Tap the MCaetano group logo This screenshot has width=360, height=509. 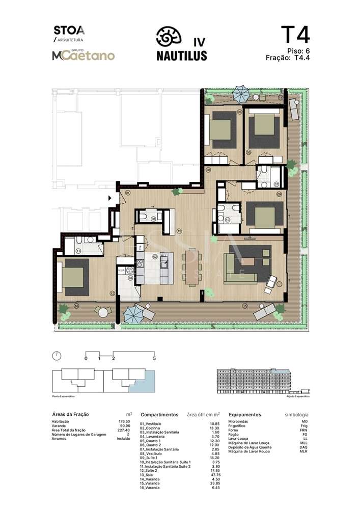point(83,55)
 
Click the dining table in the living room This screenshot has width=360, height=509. point(192,265)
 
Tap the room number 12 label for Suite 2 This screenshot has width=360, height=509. point(112,293)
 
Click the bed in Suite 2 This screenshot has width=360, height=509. point(75,276)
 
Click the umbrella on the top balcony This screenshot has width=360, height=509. point(240,93)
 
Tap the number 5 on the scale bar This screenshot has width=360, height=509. point(154,359)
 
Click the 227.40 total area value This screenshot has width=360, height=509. point(124,431)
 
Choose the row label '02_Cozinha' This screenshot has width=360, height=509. point(150,428)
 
